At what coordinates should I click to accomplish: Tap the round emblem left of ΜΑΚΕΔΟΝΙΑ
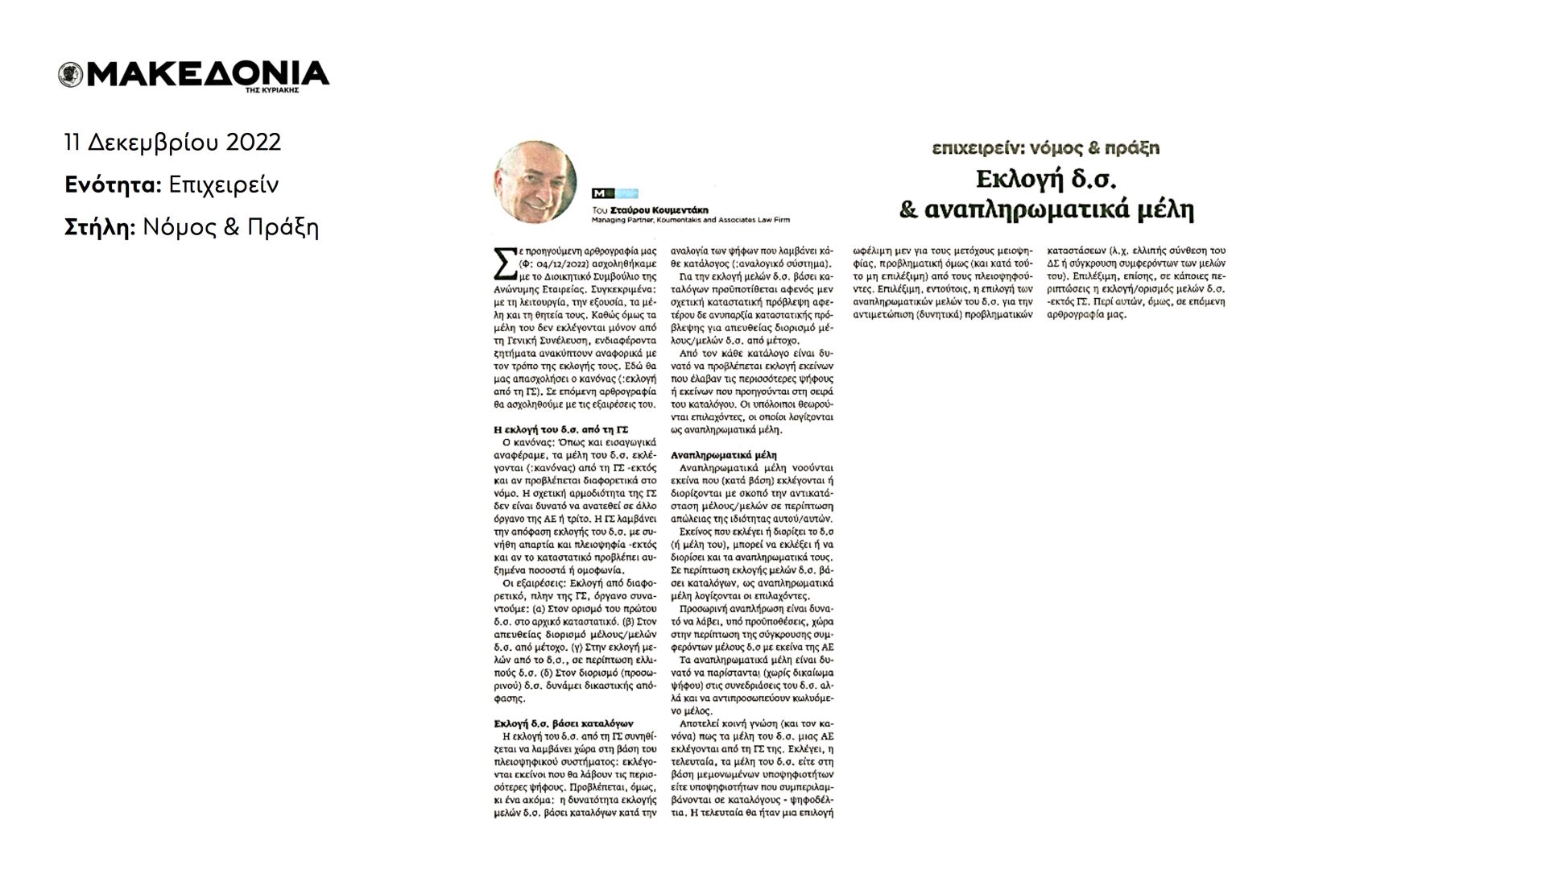pyautogui.click(x=70, y=75)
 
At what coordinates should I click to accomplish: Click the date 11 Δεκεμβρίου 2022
pyautogui.click(x=173, y=143)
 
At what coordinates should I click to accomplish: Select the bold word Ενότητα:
pyautogui.click(x=113, y=185)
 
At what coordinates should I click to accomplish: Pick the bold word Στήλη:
pyautogui.click(x=99, y=228)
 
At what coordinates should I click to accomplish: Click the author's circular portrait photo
pyautogui.click(x=535, y=182)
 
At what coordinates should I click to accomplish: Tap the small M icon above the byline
pyautogui.click(x=598, y=193)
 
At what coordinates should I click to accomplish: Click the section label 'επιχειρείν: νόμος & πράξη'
pyautogui.click(x=1045, y=148)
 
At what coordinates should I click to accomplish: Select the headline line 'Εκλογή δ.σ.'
pyautogui.click(x=1045, y=179)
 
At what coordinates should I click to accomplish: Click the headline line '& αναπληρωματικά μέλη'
pyautogui.click(x=1045, y=210)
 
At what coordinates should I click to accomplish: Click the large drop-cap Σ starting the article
pyautogui.click(x=503, y=263)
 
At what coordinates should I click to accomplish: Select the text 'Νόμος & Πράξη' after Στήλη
pyautogui.click(x=231, y=228)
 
